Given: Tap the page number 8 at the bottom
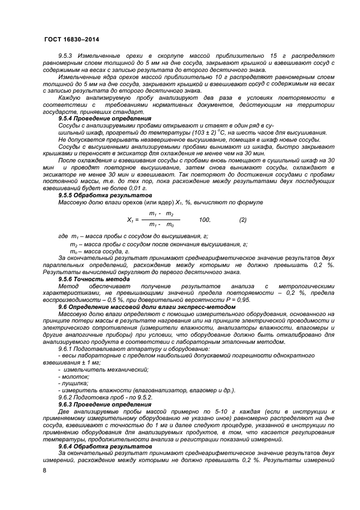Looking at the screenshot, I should tap(45, 469).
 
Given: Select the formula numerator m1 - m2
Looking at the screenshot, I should tap(161, 214).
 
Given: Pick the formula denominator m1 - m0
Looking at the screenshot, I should tap(161, 225).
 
